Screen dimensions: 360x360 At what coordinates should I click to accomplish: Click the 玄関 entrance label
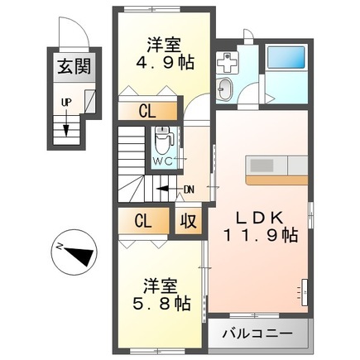click(74, 67)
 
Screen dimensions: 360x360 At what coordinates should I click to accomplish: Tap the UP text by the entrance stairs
click(66, 103)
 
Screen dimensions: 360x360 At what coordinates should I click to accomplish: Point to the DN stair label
click(190, 190)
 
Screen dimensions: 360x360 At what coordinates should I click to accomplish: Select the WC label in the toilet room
click(163, 161)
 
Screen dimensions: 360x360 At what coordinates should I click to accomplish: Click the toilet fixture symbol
click(164, 140)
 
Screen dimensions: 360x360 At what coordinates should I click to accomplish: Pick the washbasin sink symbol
click(225, 89)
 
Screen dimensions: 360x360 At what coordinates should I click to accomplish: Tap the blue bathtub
click(286, 57)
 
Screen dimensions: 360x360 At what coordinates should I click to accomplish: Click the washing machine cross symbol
click(227, 63)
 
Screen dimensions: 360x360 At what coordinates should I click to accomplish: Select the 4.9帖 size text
click(166, 63)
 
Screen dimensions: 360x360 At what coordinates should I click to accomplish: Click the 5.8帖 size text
click(162, 304)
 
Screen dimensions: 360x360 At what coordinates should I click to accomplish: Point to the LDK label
click(259, 218)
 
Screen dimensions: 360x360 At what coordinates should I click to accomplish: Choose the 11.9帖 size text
click(261, 236)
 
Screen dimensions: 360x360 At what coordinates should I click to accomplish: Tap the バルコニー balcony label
click(257, 334)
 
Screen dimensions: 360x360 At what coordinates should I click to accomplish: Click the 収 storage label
click(189, 221)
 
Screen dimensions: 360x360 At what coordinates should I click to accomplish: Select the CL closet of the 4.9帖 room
click(147, 112)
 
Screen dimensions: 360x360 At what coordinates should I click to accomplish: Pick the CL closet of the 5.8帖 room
click(143, 221)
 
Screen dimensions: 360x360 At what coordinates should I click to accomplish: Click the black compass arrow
click(79, 255)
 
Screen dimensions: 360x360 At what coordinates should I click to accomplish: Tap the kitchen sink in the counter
click(262, 166)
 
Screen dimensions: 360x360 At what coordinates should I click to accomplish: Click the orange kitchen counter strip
click(276, 180)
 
